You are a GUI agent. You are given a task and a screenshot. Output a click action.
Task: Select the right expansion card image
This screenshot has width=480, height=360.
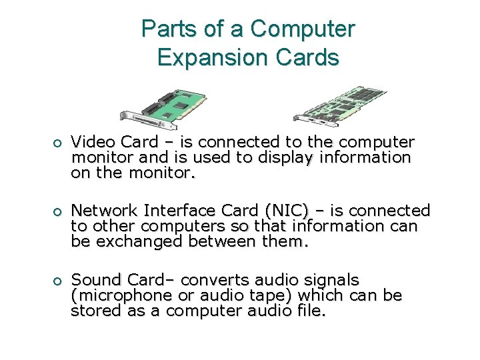pyautogui.click(x=340, y=105)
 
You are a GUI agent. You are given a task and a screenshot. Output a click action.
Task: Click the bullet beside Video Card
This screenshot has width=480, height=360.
pyautogui.click(x=59, y=143)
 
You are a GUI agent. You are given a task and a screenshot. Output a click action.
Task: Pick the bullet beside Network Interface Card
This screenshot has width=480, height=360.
pyautogui.click(x=59, y=212)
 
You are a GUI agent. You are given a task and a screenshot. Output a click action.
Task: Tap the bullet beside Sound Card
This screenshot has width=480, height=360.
pyautogui.click(x=59, y=281)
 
